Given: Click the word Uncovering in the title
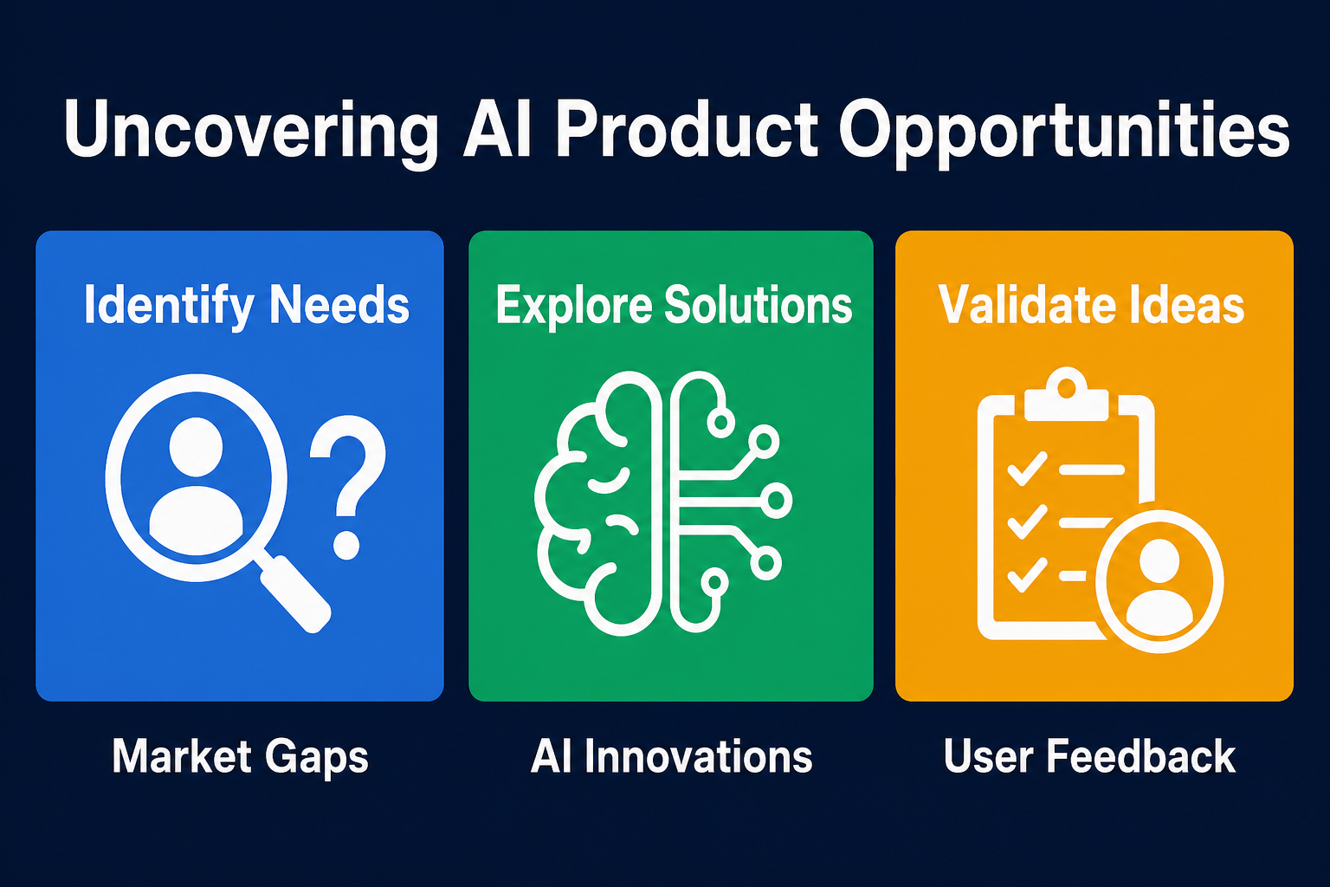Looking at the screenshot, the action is [x=251, y=132].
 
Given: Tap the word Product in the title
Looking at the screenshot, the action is [x=687, y=129].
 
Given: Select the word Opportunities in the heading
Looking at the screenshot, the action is [x=1063, y=133].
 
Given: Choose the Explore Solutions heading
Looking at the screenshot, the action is [x=674, y=306].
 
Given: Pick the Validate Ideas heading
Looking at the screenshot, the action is [x=1091, y=305].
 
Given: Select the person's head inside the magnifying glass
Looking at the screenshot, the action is [x=196, y=446].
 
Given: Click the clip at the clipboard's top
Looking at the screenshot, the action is [x=1067, y=394].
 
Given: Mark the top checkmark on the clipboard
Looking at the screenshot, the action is [x=1027, y=469].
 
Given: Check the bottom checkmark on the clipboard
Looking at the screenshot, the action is [x=1027, y=574].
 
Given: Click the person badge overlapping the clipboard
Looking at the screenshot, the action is [x=1159, y=581].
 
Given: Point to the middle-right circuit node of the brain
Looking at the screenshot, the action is [x=776, y=501].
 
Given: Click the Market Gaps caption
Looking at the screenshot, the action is [x=241, y=757].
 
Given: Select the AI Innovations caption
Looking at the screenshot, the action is [x=672, y=756].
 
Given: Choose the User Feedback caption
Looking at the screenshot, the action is [x=1090, y=756].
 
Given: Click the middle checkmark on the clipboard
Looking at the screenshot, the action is [x=1027, y=521].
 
